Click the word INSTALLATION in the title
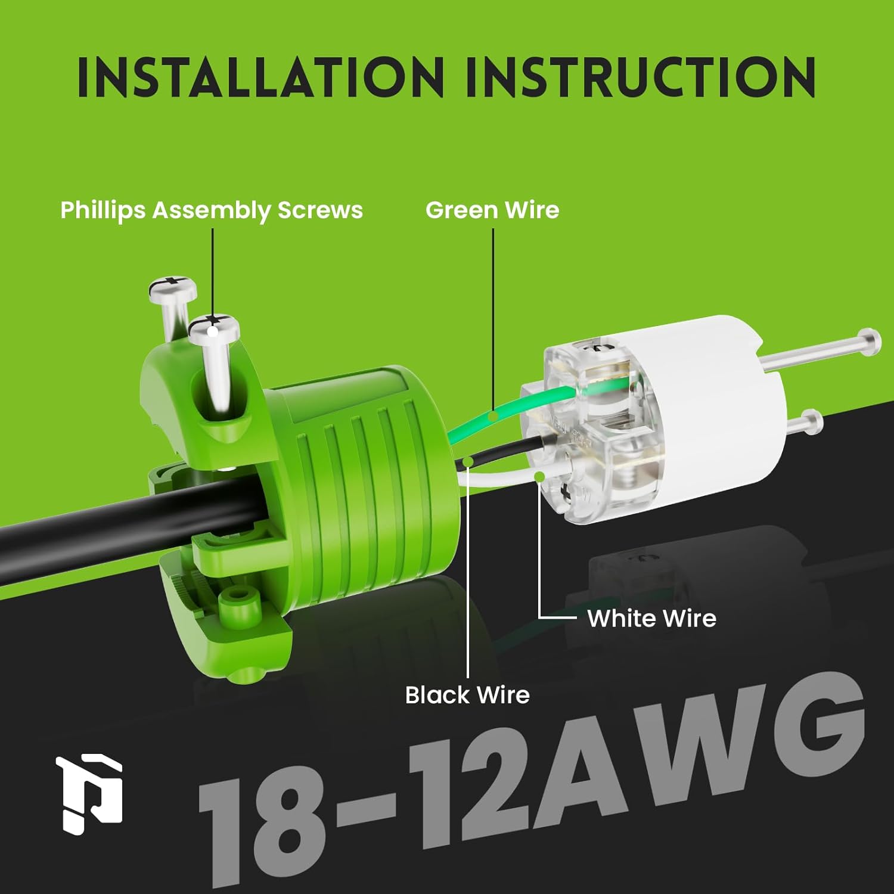pos(260,77)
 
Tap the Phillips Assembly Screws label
pos(212,210)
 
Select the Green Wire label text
pos(492,210)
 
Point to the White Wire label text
pos(651,619)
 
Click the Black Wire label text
pos(467,695)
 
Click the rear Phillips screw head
pos(173,287)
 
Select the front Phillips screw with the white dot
pos(213,328)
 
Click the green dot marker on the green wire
pos(493,415)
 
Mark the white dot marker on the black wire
pos(468,461)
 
